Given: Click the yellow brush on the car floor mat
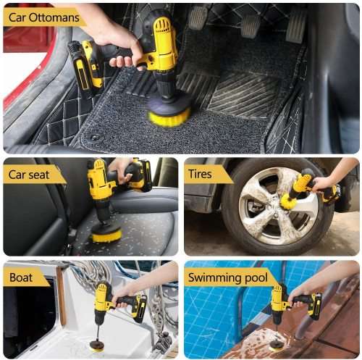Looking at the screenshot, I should click(169, 113).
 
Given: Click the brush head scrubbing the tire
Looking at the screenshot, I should click(290, 201).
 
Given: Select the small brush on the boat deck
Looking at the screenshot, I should click(96, 346).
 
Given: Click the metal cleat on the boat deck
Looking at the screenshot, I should click(161, 340).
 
